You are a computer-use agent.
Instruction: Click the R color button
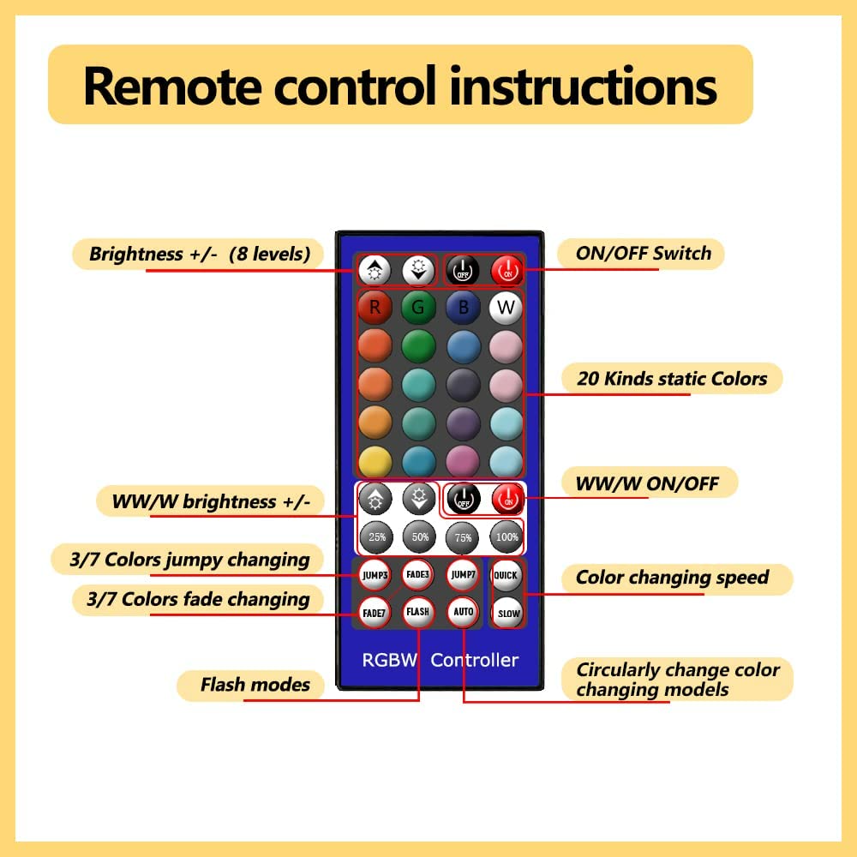pyautogui.click(x=375, y=306)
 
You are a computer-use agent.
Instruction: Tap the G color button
pyautogui.click(x=419, y=306)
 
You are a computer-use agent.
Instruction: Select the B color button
pyautogui.click(x=463, y=306)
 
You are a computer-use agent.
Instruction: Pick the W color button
pyautogui.click(x=506, y=306)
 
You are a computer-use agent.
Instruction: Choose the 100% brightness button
pyautogui.click(x=506, y=536)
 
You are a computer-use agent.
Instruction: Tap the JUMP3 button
pyautogui.click(x=375, y=575)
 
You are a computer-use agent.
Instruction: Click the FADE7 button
pyautogui.click(x=375, y=612)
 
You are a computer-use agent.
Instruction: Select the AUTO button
pyautogui.click(x=463, y=612)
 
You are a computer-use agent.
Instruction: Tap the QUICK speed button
pyautogui.click(x=506, y=575)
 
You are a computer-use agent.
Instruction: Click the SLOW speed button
pyautogui.click(x=507, y=613)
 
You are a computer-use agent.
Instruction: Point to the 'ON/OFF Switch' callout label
pyautogui.click(x=640, y=254)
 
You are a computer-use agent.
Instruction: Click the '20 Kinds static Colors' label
pyautogui.click(x=672, y=378)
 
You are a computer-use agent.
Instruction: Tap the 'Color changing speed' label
pyautogui.click(x=672, y=578)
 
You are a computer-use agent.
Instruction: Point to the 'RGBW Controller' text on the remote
pyautogui.click(x=440, y=660)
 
